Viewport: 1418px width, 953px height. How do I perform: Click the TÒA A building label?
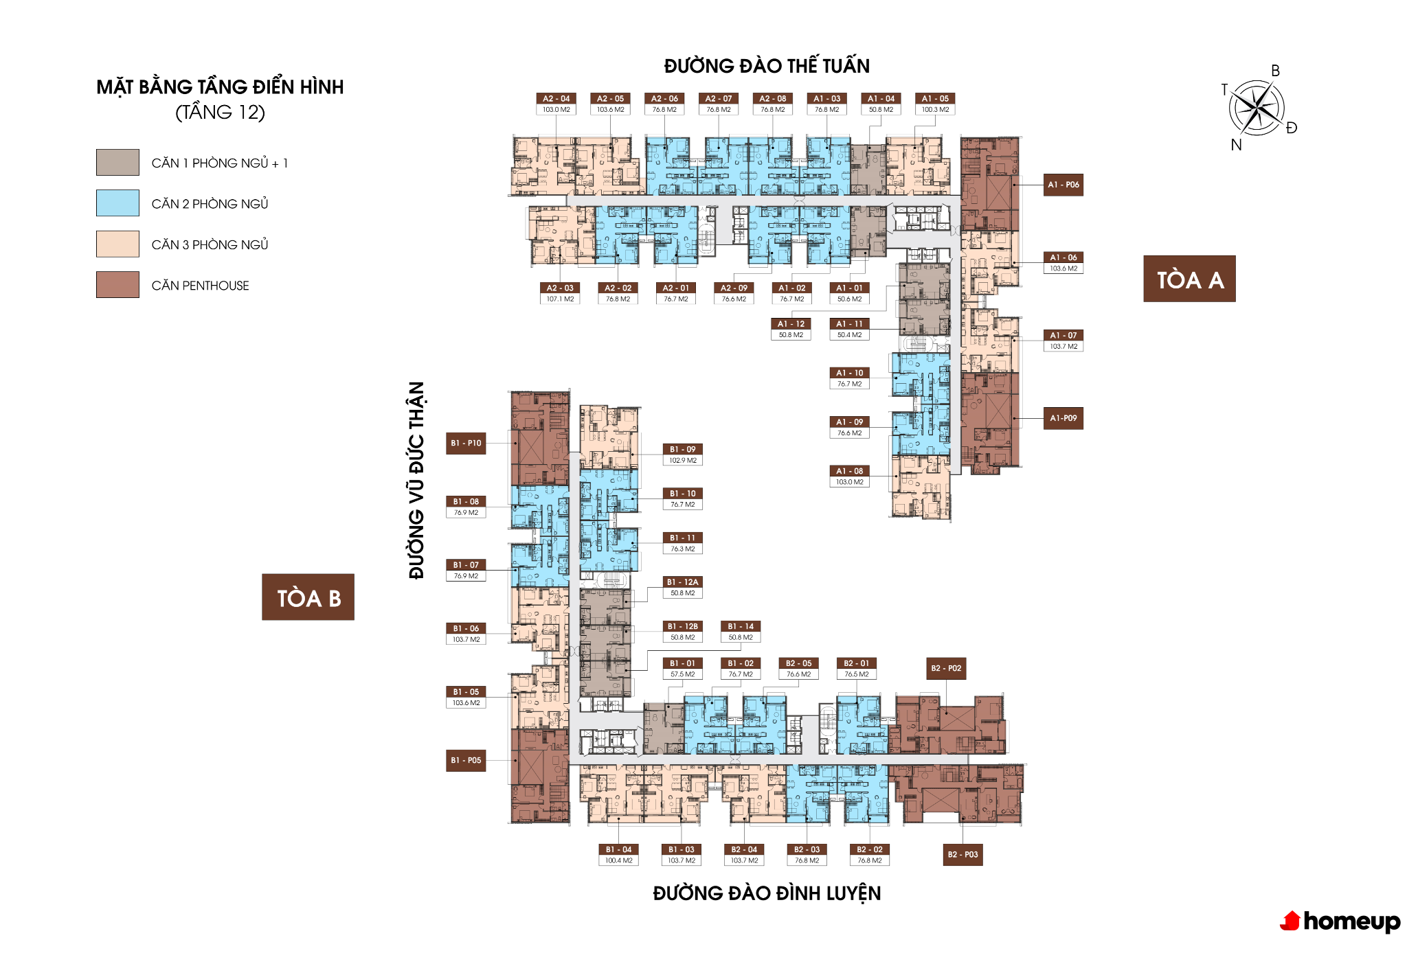click(1189, 279)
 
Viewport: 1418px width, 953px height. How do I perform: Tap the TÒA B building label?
click(308, 597)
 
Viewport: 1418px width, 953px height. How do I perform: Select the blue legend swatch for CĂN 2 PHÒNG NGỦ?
click(117, 203)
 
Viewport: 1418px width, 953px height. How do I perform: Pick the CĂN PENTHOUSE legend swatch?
click(117, 285)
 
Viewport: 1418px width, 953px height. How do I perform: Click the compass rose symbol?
click(1257, 107)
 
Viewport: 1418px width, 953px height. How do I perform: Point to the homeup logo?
click(1340, 921)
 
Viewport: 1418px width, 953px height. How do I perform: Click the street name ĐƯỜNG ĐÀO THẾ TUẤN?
click(767, 65)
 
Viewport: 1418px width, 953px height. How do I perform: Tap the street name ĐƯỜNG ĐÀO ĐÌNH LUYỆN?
click(767, 893)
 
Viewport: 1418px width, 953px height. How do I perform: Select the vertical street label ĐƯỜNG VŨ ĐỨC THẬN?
click(416, 481)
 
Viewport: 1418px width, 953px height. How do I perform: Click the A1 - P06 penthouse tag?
click(1063, 185)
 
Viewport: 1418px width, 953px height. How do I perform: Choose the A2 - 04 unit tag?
click(556, 99)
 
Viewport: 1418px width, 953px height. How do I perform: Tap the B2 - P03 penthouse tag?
click(963, 855)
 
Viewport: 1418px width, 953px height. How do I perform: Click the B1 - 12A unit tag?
click(682, 582)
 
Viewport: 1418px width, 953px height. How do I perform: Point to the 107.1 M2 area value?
click(560, 299)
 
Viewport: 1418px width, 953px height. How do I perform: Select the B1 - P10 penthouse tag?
click(466, 444)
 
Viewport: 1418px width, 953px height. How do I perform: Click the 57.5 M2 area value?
click(682, 674)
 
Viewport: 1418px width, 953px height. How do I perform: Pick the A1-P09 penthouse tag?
click(1063, 418)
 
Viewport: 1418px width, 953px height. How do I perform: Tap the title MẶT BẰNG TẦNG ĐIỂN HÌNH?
click(220, 87)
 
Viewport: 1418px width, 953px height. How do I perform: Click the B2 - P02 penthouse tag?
click(946, 668)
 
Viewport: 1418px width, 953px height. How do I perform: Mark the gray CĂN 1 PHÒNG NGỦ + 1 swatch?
click(117, 163)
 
